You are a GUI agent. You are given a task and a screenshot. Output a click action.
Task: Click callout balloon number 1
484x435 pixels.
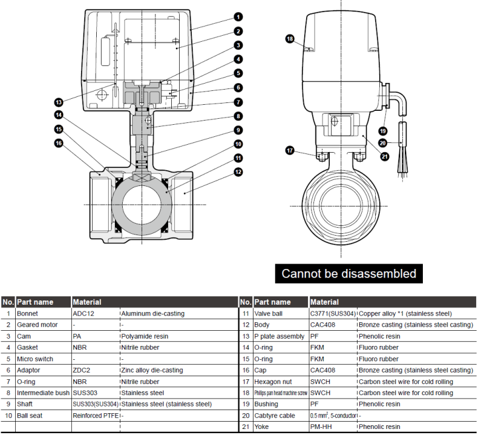[239, 17]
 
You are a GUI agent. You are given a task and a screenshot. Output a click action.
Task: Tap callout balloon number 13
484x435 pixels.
[59, 102]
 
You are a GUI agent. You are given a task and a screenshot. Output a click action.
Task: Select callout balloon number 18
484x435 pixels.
[290, 39]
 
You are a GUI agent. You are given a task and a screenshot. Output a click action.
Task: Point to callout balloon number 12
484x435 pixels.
[239, 172]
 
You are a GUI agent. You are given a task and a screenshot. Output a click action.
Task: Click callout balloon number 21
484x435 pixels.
[385, 157]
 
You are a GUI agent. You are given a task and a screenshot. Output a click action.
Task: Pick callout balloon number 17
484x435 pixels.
[290, 150]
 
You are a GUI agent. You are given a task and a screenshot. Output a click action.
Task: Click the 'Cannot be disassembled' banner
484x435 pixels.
[349, 273]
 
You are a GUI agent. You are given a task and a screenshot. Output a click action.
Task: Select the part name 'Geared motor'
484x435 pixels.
[37, 325]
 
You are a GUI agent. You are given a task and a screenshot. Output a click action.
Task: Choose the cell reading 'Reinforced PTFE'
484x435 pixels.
[95, 416]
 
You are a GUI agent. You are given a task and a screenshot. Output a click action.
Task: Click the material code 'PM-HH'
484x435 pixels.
[322, 427]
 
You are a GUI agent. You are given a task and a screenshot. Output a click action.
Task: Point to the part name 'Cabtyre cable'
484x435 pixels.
[275, 416]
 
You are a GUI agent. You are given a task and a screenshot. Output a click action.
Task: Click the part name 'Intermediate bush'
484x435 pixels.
[44, 393]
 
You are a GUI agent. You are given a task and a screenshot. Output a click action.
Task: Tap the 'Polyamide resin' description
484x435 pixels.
[145, 336]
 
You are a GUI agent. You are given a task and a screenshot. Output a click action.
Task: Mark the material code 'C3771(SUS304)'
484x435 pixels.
[333, 314]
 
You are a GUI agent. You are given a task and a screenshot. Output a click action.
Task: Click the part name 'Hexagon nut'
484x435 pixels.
[273, 382]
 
